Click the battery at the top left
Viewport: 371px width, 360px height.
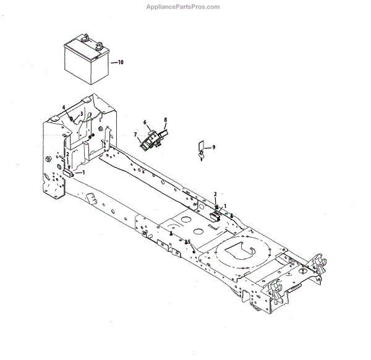tap(87, 61)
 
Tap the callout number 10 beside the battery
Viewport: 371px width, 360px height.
tap(121, 63)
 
